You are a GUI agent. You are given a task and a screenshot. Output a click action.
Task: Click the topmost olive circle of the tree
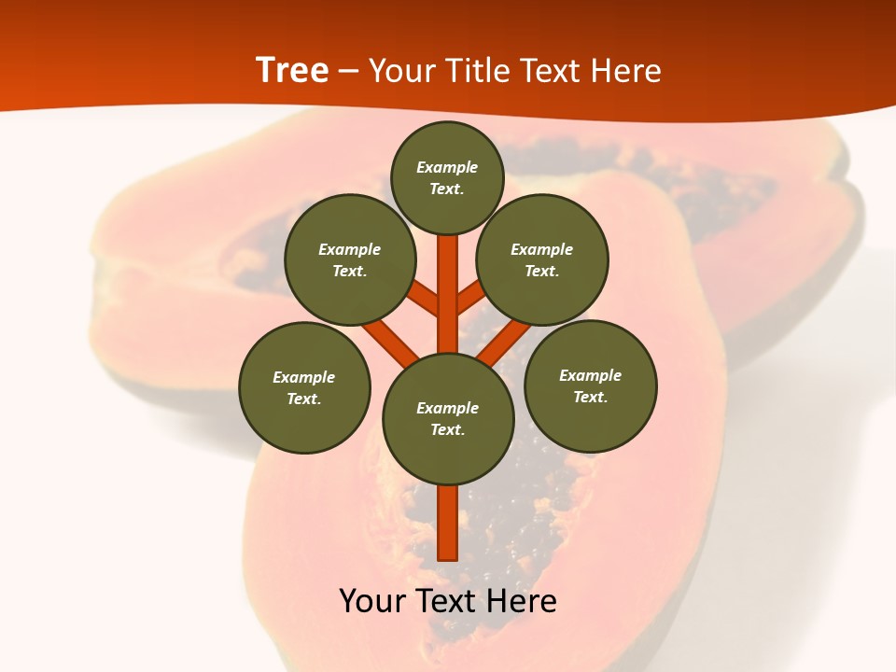coord(447,177)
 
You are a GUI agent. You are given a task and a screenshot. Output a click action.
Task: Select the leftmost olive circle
coord(304,387)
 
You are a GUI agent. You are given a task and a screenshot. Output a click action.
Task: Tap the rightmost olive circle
coord(590,385)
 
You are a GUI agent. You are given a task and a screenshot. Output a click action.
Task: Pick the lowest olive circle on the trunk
coord(448,418)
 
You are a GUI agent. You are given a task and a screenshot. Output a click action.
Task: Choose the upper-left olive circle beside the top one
coord(349,259)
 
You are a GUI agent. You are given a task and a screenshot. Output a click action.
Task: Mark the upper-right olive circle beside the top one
coord(541,259)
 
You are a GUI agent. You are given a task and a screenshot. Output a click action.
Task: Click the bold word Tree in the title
coord(292,70)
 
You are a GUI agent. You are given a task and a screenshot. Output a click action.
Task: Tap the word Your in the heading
coord(400,71)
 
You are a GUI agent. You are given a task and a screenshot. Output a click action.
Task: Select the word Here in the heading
coord(624,71)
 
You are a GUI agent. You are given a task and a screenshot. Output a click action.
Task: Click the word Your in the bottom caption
coord(372,601)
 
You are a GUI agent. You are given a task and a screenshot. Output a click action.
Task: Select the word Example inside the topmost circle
coord(447,167)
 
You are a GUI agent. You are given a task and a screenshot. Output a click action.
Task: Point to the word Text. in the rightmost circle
coord(590,397)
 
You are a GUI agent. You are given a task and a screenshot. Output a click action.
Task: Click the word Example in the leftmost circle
coord(304,377)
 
